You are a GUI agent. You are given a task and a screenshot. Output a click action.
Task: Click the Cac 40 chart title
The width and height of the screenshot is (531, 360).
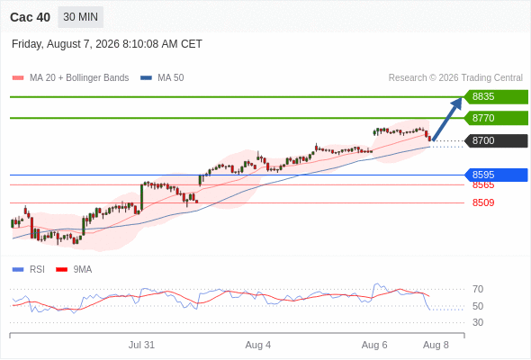30,17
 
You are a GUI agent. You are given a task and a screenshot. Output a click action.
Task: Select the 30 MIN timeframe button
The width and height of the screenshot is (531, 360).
81,17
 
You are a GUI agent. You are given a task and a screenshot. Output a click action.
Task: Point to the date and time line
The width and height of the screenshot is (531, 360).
107,44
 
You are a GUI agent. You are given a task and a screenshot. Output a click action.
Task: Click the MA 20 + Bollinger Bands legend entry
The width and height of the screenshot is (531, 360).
70,78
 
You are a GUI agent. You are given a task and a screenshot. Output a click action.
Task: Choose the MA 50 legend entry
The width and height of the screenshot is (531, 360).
162,78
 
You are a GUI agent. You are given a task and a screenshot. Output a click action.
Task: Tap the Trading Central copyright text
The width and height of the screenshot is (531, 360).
455,78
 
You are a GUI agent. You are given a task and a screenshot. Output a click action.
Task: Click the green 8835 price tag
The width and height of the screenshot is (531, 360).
496,97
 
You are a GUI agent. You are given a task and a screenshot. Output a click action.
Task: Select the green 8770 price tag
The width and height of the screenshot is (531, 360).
496,118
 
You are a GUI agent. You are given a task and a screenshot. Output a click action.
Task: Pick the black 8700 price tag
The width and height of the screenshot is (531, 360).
496,140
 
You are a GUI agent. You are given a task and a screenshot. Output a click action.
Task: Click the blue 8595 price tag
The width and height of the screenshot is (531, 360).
496,175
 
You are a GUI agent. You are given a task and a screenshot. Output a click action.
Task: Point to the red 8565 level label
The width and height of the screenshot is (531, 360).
483,185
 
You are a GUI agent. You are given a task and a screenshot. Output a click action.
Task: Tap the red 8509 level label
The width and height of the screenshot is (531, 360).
483,202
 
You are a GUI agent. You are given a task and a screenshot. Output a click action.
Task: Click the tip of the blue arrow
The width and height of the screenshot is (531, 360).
461,98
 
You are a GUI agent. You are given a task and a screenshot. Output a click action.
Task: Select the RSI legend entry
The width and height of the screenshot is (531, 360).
29,270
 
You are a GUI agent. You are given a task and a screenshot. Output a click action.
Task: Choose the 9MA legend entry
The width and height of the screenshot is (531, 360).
74,270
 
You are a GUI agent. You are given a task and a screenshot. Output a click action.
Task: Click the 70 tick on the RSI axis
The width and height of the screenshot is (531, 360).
478,289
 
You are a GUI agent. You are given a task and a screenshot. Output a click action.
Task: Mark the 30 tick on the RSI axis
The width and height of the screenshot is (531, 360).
478,322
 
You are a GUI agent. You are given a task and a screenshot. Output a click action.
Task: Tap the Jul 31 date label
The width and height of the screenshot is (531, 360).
141,345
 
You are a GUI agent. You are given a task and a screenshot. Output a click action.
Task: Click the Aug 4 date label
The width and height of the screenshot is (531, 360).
258,345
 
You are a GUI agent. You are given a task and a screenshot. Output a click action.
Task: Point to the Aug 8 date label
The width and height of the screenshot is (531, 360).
436,345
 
